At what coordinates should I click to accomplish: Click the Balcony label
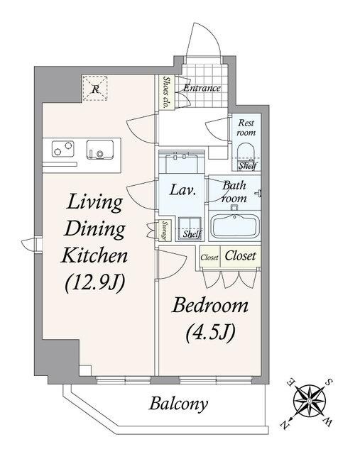(178, 404)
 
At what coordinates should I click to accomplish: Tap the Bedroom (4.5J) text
(210, 320)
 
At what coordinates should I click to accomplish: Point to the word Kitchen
(94, 255)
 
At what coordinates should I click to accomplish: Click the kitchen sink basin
(99, 150)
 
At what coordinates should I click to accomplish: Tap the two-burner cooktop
(63, 149)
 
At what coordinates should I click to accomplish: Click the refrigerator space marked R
(94, 88)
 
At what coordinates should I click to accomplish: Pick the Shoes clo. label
(166, 92)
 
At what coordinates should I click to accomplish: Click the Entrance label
(202, 88)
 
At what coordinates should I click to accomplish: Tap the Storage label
(165, 231)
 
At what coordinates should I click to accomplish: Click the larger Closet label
(240, 256)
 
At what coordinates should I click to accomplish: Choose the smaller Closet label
(209, 258)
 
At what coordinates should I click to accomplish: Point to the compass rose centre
(310, 401)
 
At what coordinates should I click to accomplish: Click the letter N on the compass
(285, 425)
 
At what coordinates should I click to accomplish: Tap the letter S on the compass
(329, 382)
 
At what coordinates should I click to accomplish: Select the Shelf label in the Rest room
(247, 166)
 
